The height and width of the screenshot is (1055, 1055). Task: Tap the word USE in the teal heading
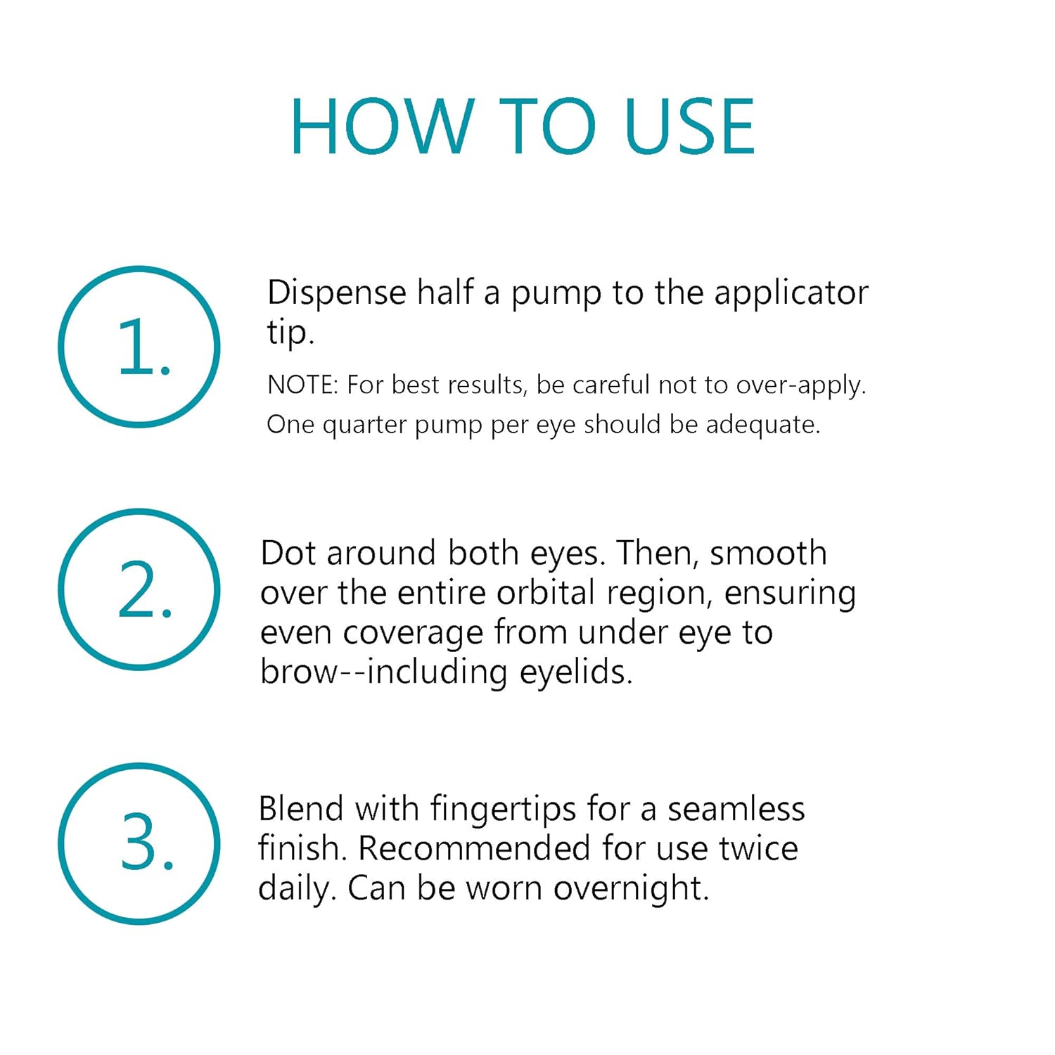pyautogui.click(x=689, y=127)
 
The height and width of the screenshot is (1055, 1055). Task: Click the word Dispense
pyautogui.click(x=337, y=293)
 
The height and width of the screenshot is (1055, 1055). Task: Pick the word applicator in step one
pyautogui.click(x=791, y=293)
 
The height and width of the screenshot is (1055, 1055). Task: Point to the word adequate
pyautogui.click(x=763, y=424)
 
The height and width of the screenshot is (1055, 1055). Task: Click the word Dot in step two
pyautogui.click(x=288, y=553)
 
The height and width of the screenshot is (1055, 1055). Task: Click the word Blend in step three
pyautogui.click(x=300, y=809)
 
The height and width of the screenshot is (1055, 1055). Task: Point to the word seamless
pyautogui.click(x=736, y=809)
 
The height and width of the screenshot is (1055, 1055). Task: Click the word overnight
pyautogui.click(x=632, y=888)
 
